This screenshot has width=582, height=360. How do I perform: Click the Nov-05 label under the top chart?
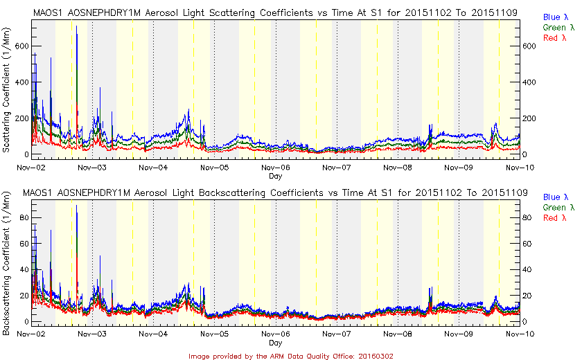click(215, 168)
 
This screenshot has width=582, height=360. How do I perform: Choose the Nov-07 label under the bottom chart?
click(337, 334)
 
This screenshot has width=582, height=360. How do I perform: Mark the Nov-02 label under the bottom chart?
click(33, 334)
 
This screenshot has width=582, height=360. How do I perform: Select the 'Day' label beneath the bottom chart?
click(275, 343)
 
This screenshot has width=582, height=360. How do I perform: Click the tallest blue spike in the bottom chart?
click(76, 206)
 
